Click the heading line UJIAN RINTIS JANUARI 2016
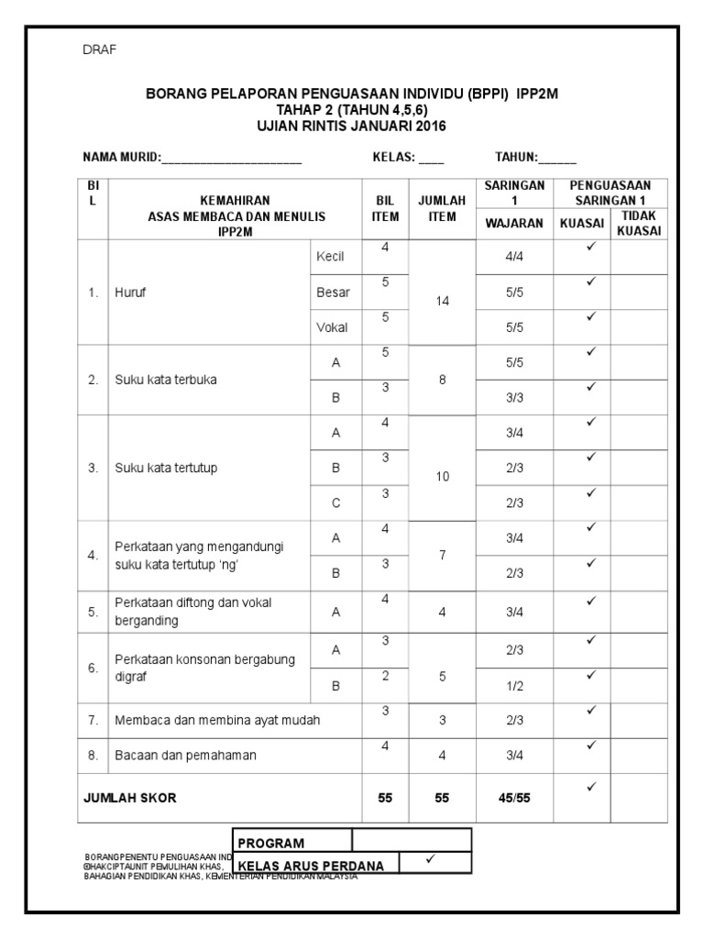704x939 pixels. (x=352, y=126)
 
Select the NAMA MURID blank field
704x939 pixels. (x=232, y=158)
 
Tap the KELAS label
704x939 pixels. (x=393, y=157)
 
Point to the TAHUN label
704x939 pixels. (x=516, y=157)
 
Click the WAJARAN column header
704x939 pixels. (x=514, y=223)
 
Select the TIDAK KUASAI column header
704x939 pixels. (x=639, y=224)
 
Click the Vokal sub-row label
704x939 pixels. (x=331, y=327)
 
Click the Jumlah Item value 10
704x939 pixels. (x=442, y=476)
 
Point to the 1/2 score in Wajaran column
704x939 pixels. (x=514, y=685)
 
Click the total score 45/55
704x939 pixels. (x=514, y=798)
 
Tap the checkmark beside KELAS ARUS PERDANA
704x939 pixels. (x=430, y=859)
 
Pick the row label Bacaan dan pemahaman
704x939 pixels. (x=185, y=756)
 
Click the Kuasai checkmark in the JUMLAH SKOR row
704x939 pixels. (x=591, y=787)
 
